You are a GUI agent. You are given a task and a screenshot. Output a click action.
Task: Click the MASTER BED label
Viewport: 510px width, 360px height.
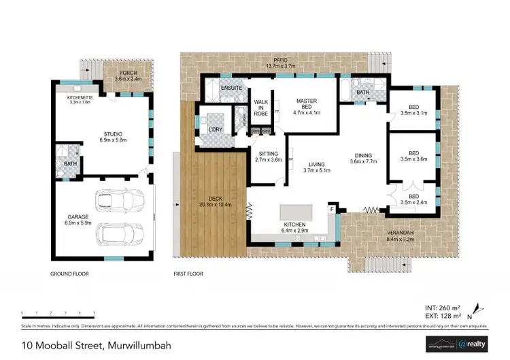click(x=307, y=102)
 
